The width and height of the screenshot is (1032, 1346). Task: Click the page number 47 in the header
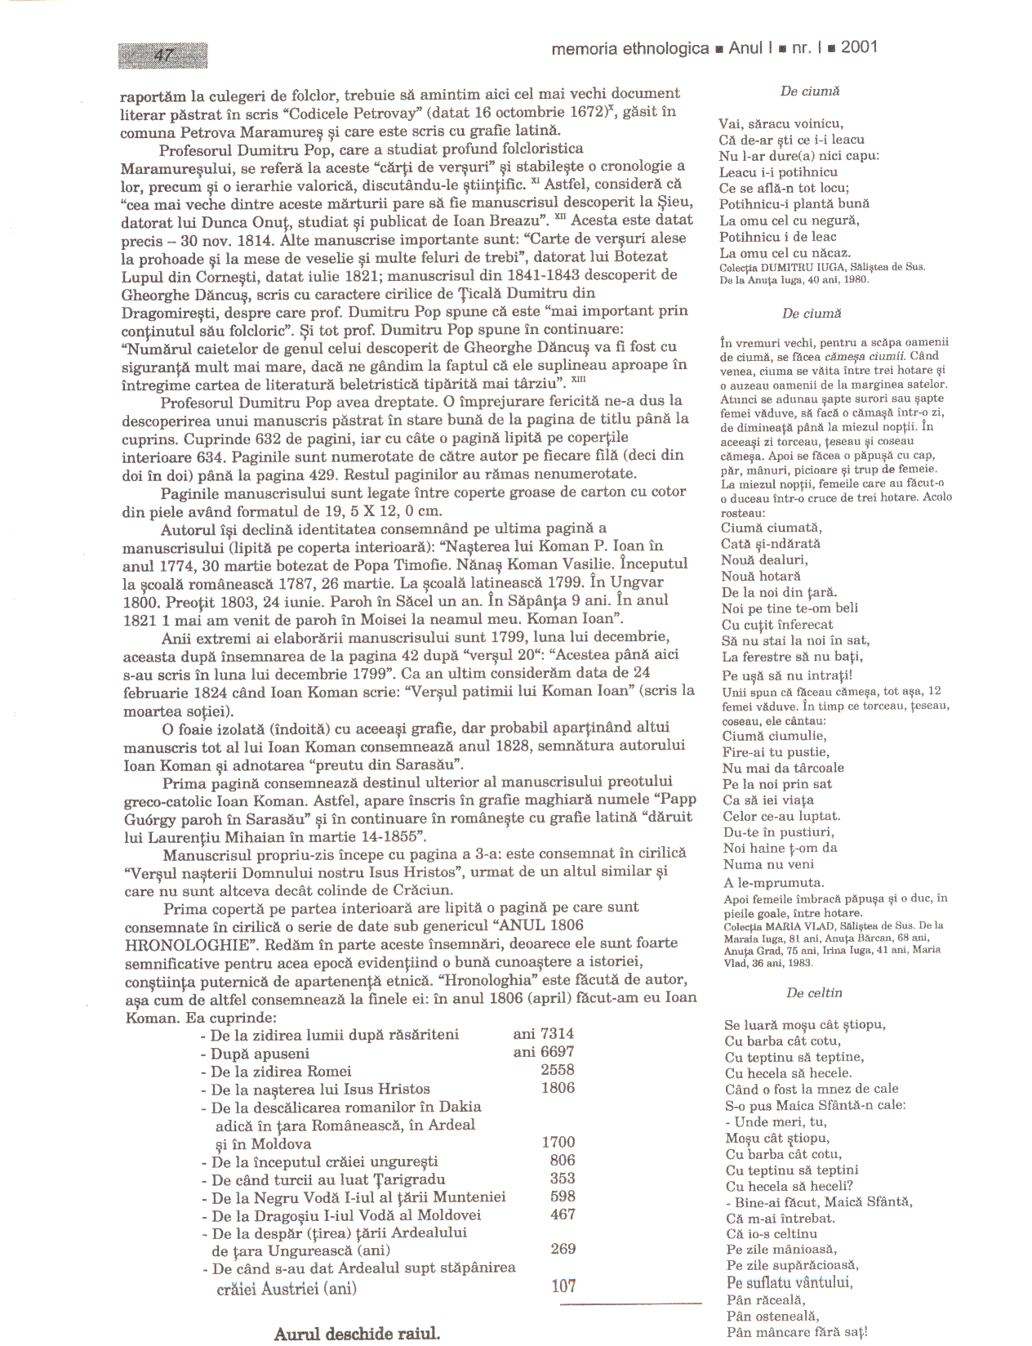(164, 56)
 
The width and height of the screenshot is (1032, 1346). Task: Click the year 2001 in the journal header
(859, 47)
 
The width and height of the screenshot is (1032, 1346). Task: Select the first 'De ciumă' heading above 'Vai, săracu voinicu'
(810, 91)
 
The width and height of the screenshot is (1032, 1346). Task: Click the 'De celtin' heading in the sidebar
(814, 993)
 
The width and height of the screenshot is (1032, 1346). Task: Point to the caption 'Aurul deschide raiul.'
(357, 1334)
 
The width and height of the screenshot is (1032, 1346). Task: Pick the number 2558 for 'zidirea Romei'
(558, 1070)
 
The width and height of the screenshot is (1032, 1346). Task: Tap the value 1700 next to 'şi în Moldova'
(558, 1142)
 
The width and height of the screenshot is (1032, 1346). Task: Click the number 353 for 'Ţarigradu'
(563, 1178)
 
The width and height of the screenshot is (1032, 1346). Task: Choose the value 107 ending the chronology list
(563, 1286)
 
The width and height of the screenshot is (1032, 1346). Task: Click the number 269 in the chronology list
(563, 1249)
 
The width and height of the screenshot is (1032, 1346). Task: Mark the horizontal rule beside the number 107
(642, 1302)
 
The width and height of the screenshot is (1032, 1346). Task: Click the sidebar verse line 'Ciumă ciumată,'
(772, 528)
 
